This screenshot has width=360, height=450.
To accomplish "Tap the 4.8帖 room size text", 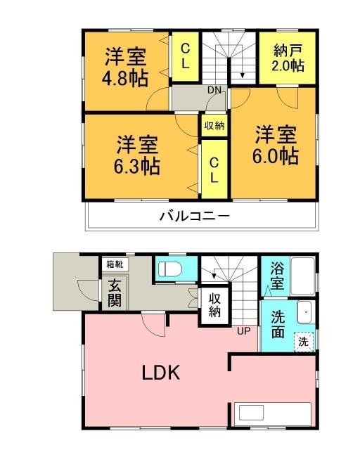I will pyautogui.click(x=127, y=78).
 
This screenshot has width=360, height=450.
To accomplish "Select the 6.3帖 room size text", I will pyautogui.click(x=137, y=166).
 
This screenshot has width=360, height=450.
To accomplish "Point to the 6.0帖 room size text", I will pyautogui.click(x=276, y=155).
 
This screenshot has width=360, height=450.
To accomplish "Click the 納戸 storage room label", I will pyautogui.click(x=288, y=51).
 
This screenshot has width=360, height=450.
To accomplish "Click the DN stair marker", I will pyautogui.click(x=214, y=90).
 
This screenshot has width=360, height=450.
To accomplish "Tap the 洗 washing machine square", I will pyautogui.click(x=302, y=342).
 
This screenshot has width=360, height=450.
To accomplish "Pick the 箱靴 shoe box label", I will pyautogui.click(x=113, y=264).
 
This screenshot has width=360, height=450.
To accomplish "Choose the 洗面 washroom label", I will pyautogui.click(x=278, y=324).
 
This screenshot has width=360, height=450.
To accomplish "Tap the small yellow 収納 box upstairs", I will pyautogui.click(x=214, y=126).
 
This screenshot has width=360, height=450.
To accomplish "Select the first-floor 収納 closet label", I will pyautogui.click(x=214, y=305).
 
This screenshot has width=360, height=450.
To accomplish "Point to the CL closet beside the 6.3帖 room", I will pyautogui.click(x=214, y=169).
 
